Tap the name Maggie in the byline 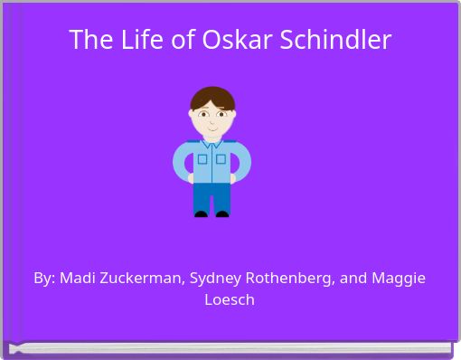[x=400, y=279]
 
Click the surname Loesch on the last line [x=230, y=299]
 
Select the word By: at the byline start [x=44, y=279]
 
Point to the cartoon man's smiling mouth [x=212, y=128]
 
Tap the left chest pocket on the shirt [x=202, y=159]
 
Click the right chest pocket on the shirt [x=221, y=159]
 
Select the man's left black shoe [x=202, y=213]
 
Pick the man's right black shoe [x=222, y=213]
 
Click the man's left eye [x=204, y=115]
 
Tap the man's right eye [x=221, y=115]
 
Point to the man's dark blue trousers [x=212, y=196]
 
